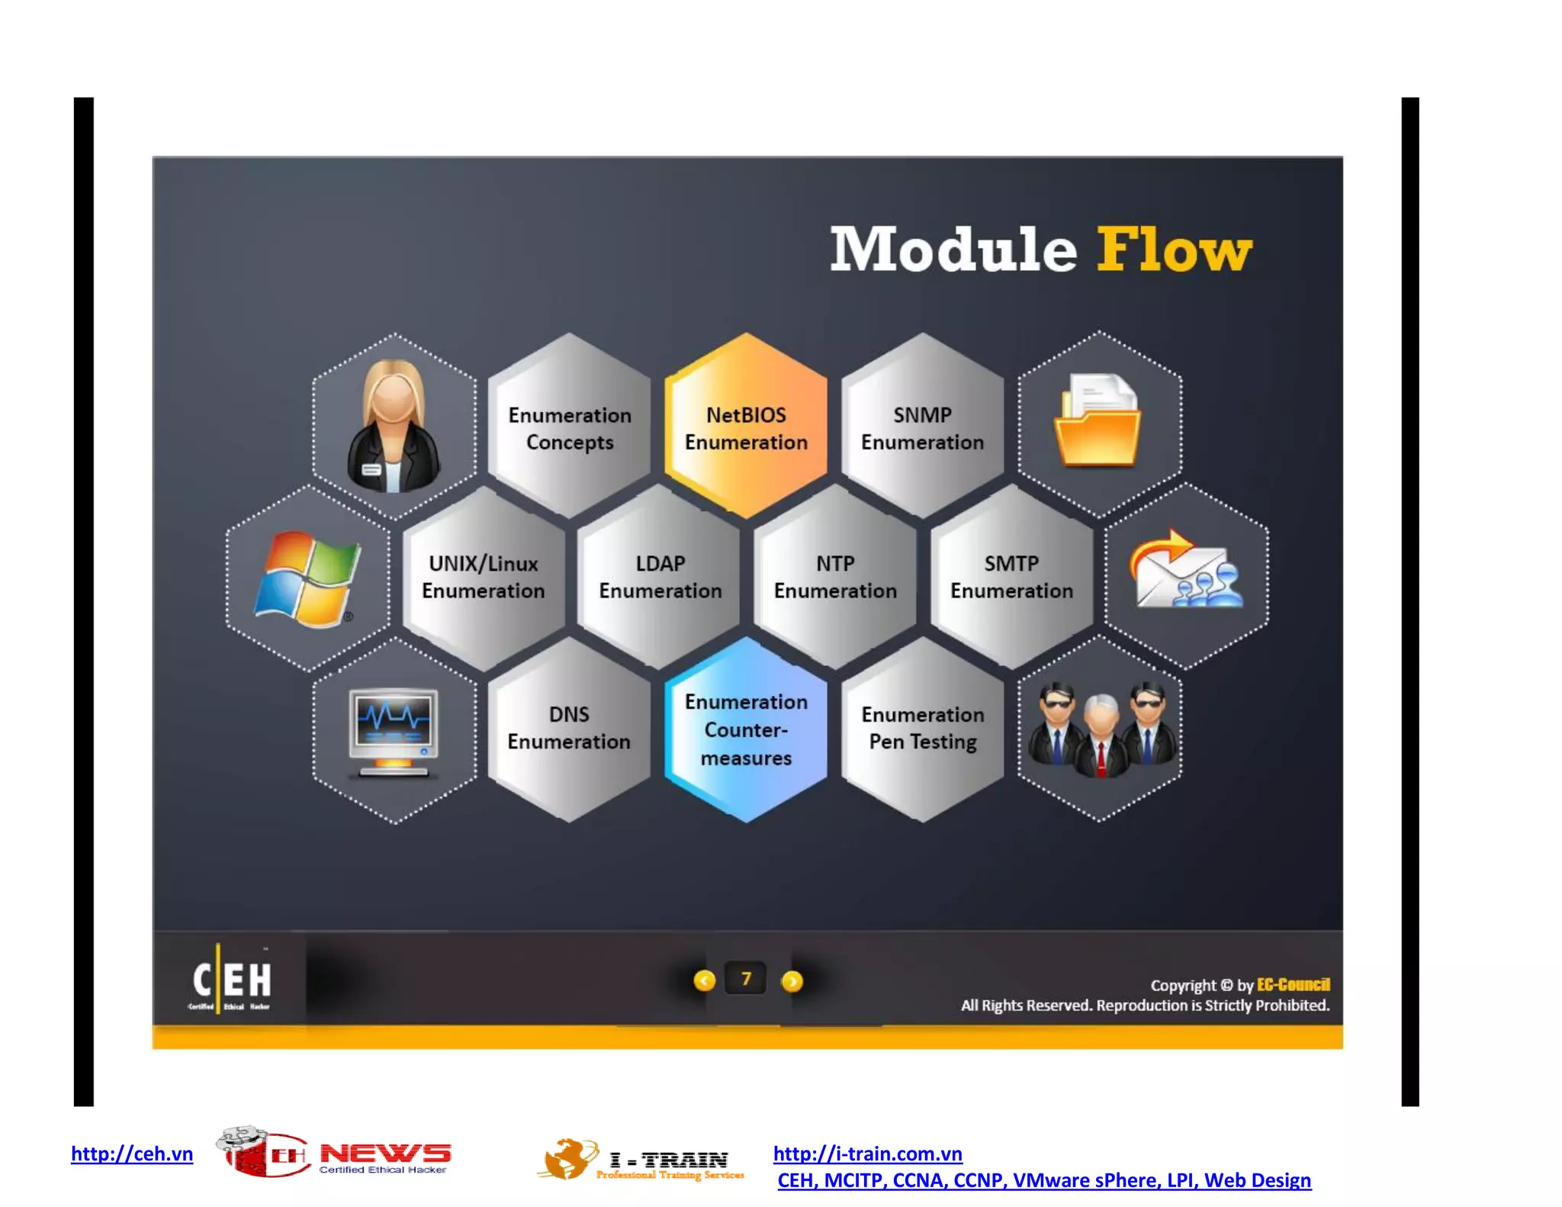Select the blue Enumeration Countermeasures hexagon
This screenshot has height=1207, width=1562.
[x=746, y=729]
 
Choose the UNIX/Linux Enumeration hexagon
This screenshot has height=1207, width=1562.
[x=484, y=577]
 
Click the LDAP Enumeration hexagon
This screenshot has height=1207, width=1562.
[x=660, y=577]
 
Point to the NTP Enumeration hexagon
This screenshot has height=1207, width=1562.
[x=835, y=577]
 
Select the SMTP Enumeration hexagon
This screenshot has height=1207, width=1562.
[x=1011, y=577]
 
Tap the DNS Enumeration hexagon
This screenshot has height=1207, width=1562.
[x=569, y=728]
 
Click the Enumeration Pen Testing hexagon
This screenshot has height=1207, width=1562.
[x=923, y=728]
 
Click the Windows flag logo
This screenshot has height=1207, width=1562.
[x=307, y=578]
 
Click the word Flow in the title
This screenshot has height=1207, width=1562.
[x=1175, y=250]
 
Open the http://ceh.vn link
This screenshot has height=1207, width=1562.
[x=132, y=1154]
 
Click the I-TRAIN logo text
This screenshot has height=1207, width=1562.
[x=668, y=1160]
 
